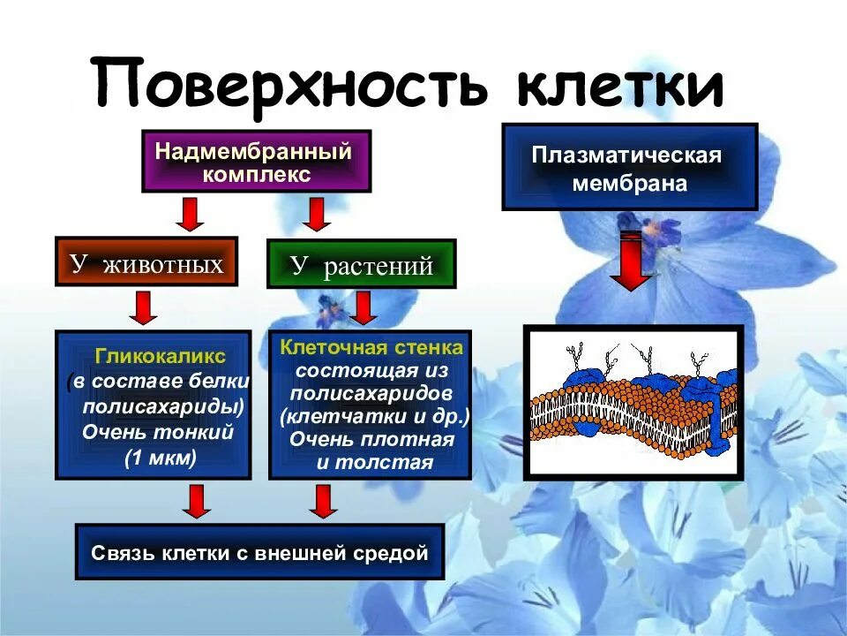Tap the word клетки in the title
618,86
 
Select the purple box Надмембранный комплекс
256,162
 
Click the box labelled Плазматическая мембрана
629,168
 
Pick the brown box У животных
146,262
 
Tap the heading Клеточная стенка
371,347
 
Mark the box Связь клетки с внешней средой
259,554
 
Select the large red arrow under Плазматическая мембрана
629,261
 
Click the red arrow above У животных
188,214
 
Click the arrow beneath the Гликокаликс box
196,501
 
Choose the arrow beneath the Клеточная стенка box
323,501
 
